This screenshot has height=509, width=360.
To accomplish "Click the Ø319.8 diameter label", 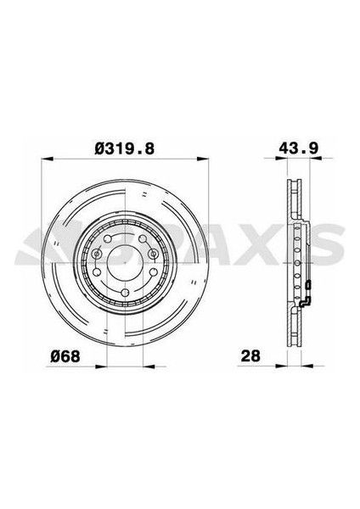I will click(x=126, y=148).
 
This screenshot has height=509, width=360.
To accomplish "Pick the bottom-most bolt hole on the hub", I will click(x=126, y=294).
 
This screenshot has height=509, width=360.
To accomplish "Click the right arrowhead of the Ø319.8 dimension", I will click(x=205, y=159).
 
